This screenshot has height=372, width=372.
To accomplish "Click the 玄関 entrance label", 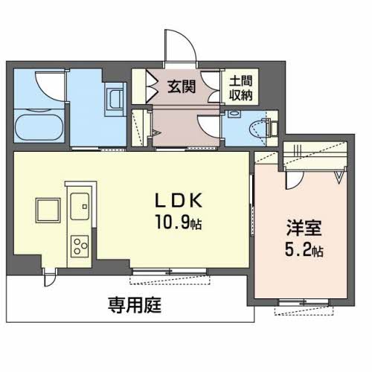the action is pos(182,86).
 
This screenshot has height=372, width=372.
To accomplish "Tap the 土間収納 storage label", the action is pos(240,88).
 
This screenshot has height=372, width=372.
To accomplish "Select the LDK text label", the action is pos(179,200).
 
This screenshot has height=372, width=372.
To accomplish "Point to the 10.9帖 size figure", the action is pos(179,222).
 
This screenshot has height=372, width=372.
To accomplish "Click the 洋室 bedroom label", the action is pos(304,228).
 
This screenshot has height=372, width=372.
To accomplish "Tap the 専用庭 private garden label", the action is pos(135,305).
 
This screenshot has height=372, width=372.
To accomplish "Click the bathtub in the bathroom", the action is pos(39,127).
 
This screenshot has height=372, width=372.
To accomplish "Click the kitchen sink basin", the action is pos(80,206).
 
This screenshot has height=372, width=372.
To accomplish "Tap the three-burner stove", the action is pos(80,246).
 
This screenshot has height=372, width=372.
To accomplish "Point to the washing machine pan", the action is pos(114,99).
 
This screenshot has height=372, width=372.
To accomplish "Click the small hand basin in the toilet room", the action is pos(234,114).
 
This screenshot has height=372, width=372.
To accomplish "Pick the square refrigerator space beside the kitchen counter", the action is pos(48,211).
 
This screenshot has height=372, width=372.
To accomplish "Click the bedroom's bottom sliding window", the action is pos(304,303).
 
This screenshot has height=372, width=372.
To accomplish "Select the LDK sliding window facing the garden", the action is pos(170,272).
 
